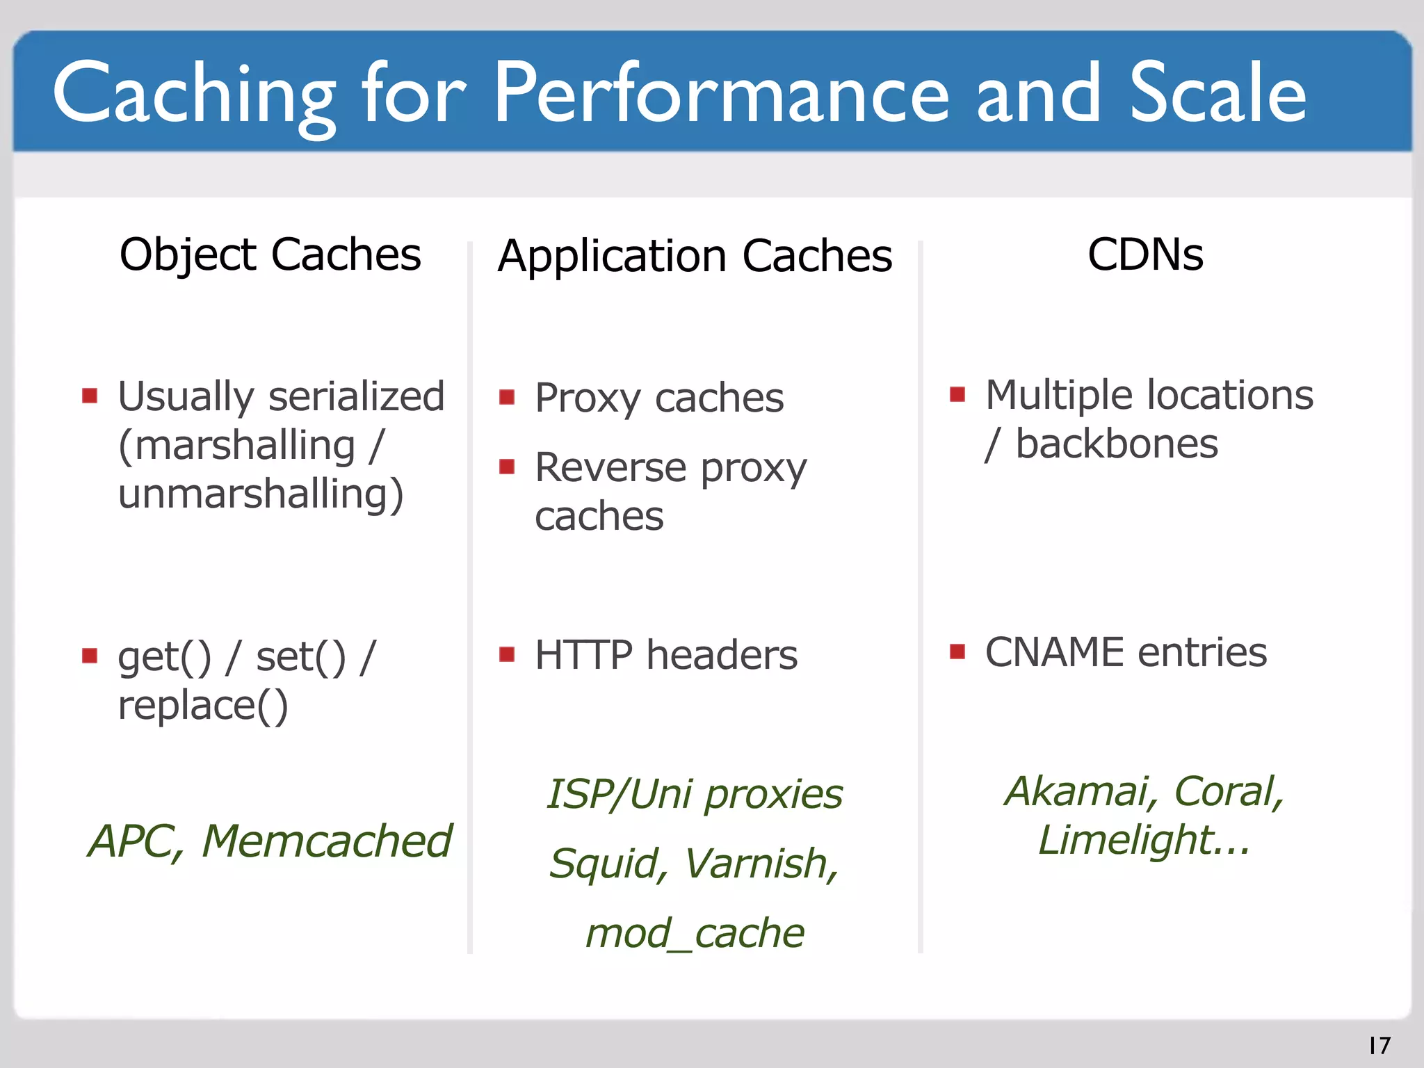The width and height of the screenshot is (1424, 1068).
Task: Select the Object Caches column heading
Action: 270,254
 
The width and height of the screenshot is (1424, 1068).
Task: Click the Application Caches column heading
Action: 695,256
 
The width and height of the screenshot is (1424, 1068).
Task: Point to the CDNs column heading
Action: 1145,254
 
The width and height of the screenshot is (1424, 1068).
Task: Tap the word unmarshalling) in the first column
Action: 261,494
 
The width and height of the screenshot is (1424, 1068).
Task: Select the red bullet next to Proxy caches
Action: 507,398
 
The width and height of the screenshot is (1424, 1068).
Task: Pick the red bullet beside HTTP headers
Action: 507,654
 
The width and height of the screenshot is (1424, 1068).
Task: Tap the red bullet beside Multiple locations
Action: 957,395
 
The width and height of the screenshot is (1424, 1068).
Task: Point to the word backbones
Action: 1117,444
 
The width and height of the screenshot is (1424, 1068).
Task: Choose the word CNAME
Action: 1054,652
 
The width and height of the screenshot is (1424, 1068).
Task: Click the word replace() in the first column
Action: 202,706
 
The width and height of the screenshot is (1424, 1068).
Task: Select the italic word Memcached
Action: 327,841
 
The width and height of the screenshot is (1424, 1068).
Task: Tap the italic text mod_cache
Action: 695,933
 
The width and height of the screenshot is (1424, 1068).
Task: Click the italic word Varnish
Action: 761,864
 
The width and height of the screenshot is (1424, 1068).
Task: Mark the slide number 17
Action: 1379,1045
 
